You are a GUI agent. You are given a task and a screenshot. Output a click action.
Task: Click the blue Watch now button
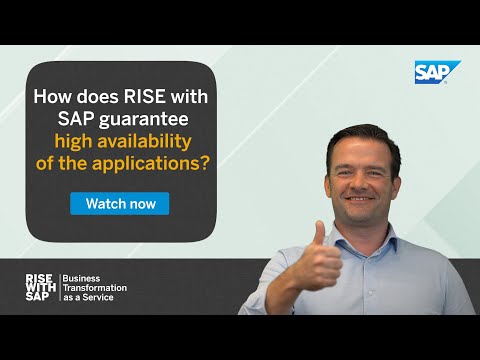120,203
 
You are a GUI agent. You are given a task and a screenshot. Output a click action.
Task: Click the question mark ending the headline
204,163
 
